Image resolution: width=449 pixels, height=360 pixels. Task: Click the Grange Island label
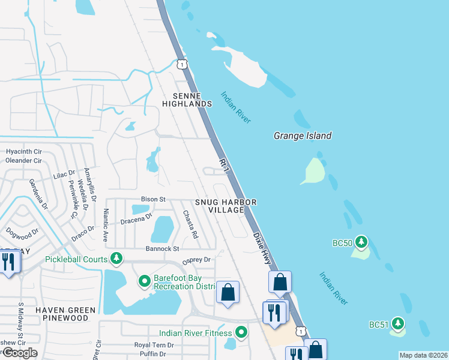tap(303, 136)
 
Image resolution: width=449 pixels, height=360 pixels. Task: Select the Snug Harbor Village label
tap(225, 206)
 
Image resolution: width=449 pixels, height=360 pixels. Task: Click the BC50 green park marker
tap(361, 242)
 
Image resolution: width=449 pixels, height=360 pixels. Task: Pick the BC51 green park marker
tap(397, 324)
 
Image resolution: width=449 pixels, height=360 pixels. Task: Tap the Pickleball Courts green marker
tap(116, 259)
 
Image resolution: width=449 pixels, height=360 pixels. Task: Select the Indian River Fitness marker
tap(241, 332)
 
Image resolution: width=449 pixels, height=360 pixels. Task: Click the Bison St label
tap(153, 199)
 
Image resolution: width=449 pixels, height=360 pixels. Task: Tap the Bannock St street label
tap(162, 248)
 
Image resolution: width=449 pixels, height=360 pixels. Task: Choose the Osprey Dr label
tap(196, 260)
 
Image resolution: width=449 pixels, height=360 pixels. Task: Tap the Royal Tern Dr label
tap(154, 345)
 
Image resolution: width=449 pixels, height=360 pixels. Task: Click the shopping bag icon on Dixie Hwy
tap(280, 281)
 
